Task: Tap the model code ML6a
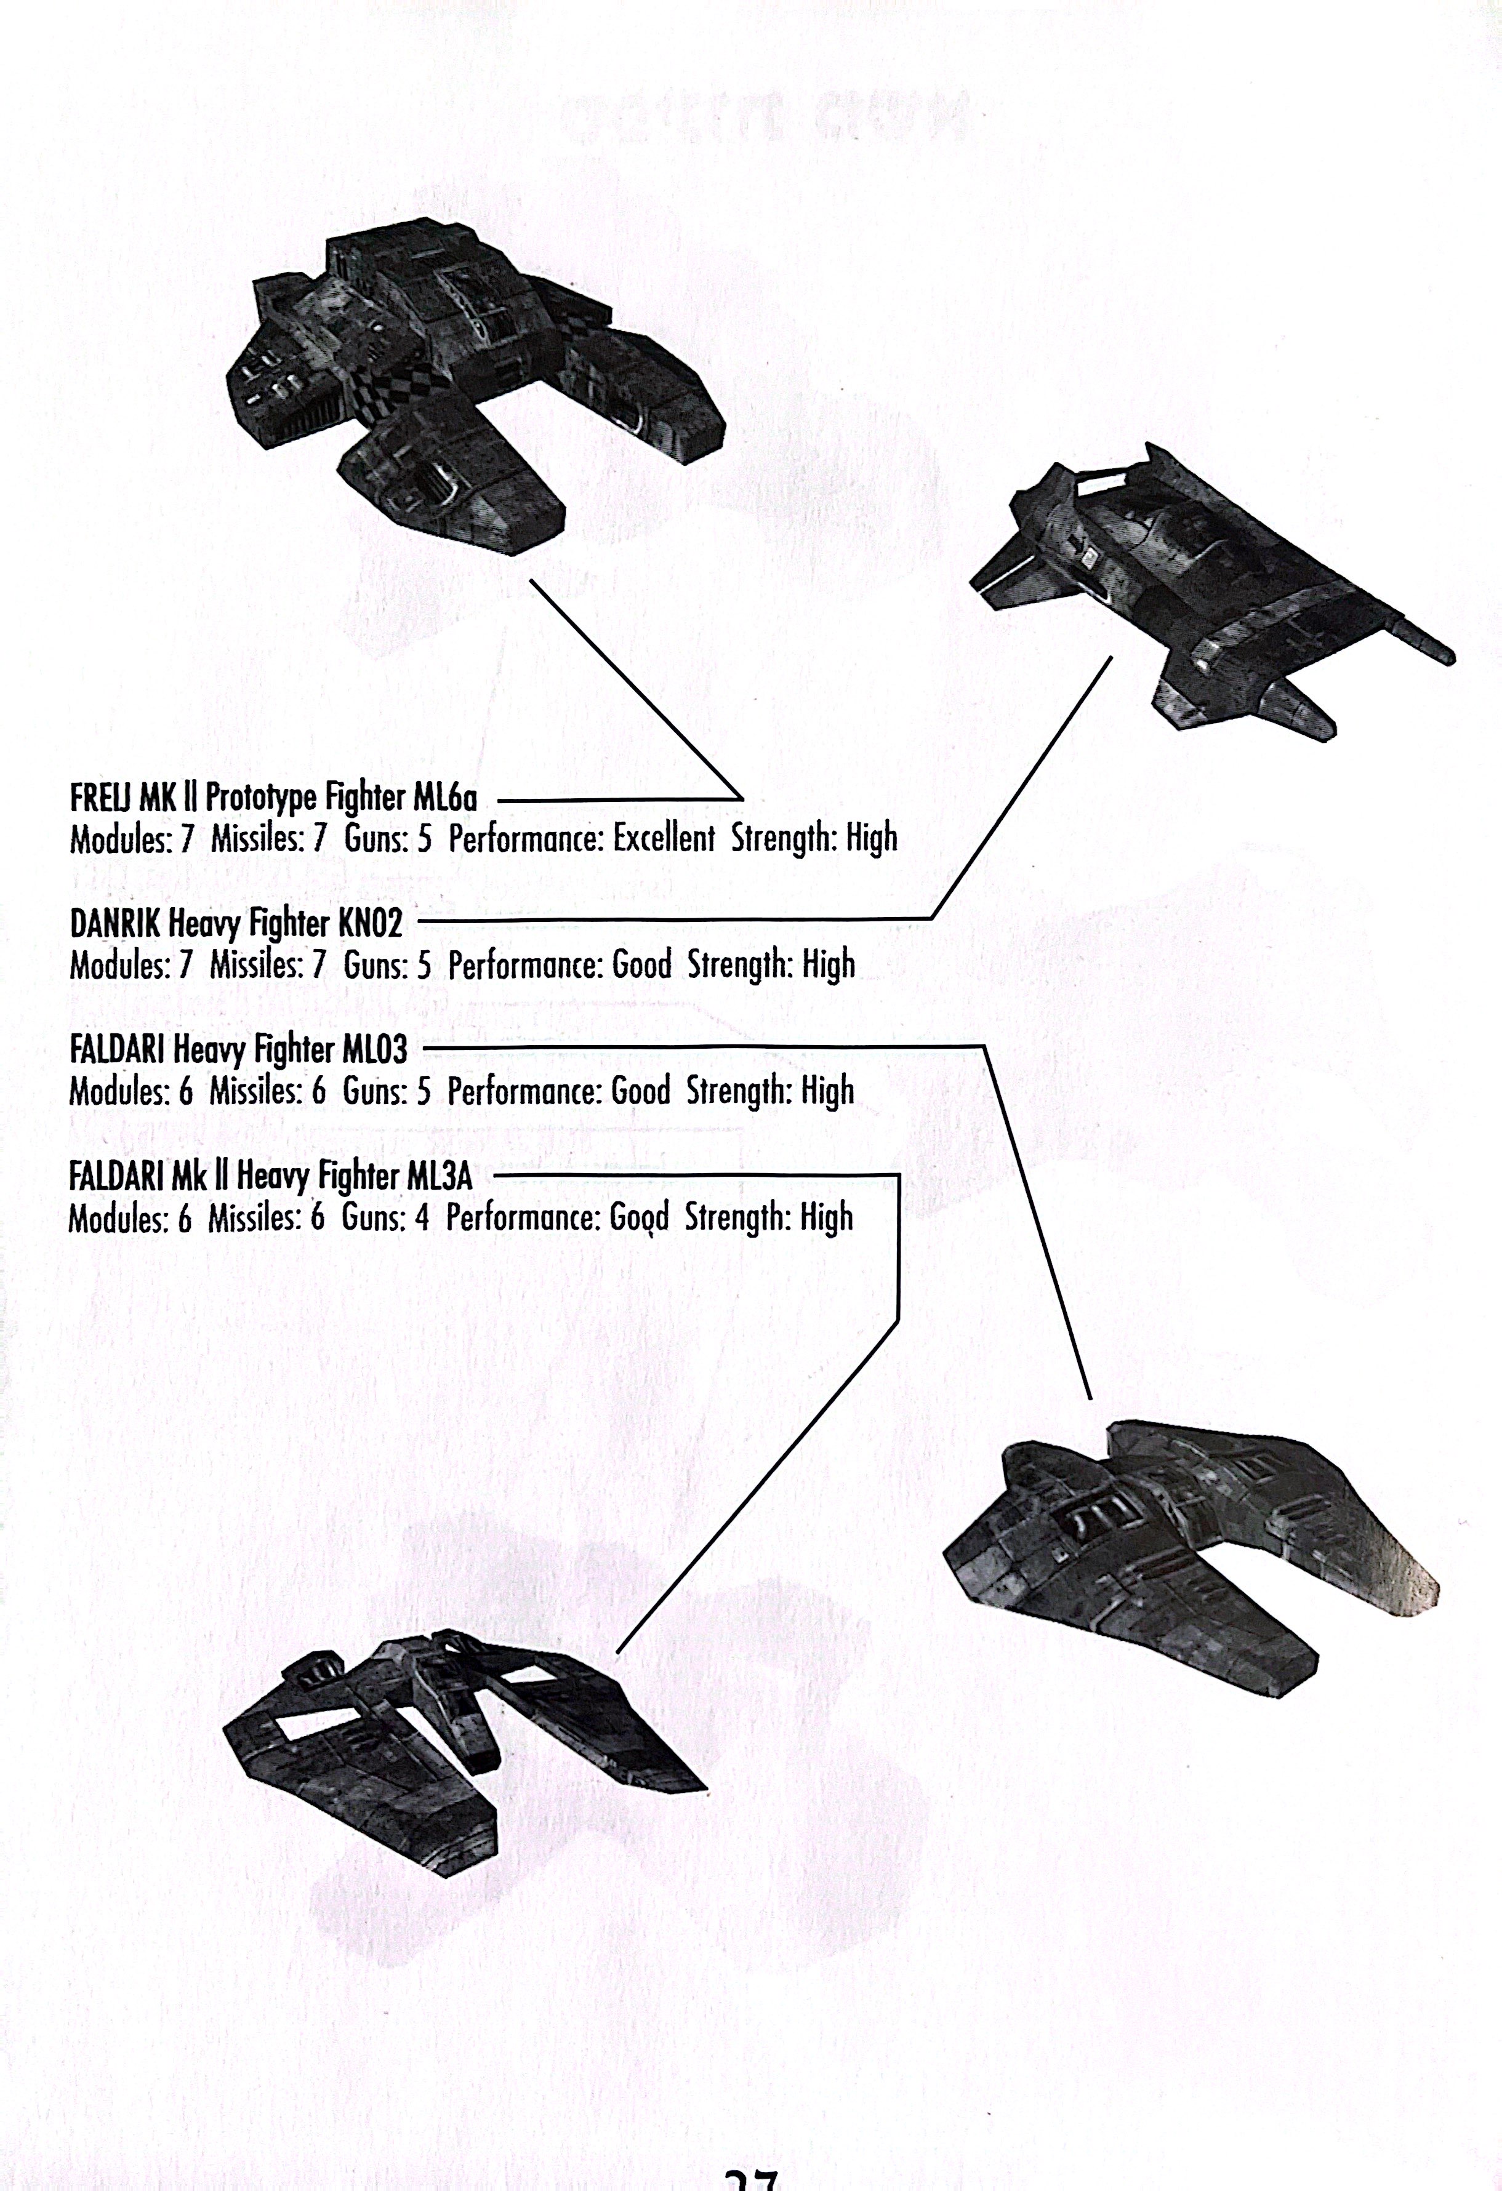[445, 798]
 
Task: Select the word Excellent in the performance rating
[663, 838]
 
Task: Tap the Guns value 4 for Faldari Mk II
[422, 1218]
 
